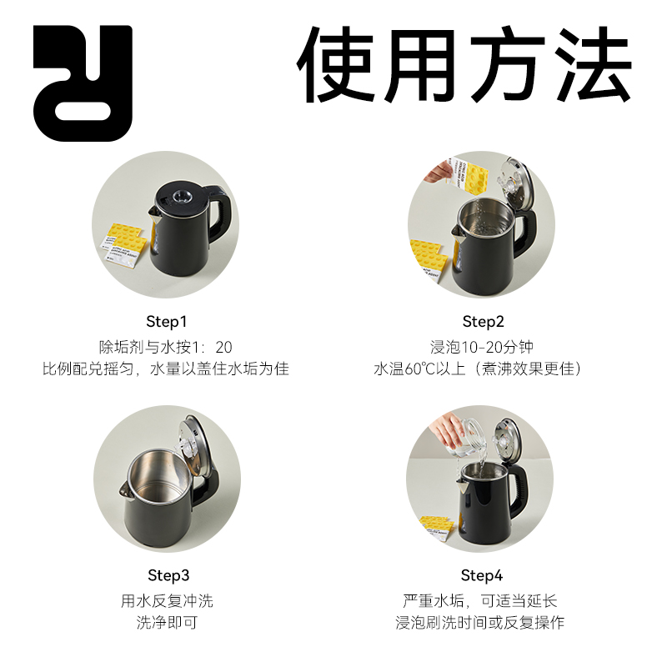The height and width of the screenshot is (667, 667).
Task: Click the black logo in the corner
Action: [x=83, y=83]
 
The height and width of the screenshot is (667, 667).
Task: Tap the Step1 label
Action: [x=167, y=322]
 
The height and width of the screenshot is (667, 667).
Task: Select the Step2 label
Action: [x=484, y=322]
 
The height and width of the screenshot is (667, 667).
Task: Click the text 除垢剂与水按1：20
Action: [x=167, y=346]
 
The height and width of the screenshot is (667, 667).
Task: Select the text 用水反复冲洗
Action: [x=167, y=600]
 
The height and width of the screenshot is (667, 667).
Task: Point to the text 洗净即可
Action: [x=167, y=623]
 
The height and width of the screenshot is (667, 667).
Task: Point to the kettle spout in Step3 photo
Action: [x=127, y=488]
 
